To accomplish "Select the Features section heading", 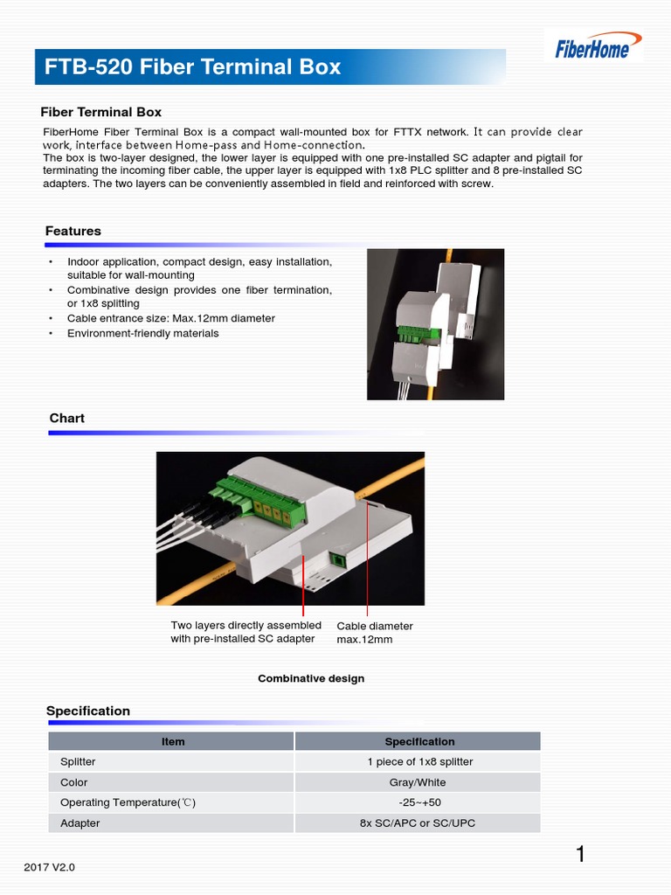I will coord(73,231).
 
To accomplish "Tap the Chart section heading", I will coord(67,418).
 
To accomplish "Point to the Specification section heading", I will coord(88,711).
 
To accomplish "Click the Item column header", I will coord(173,741).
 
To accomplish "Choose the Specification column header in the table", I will coord(419,741).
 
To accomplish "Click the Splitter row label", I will coord(78,761).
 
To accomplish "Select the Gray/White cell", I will coord(419,782).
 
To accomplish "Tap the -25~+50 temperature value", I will coord(419,802).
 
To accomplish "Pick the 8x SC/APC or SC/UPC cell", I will coord(419,823).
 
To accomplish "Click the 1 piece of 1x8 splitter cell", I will coord(419,761).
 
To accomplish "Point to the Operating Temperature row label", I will coord(121,802).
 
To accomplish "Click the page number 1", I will coord(580,855).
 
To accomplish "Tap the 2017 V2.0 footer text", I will coord(50,867).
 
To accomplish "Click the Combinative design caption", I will coord(311,678).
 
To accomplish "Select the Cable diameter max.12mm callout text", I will coord(375,633).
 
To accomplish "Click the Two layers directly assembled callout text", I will coord(246,632).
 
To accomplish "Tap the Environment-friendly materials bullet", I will coord(143,333).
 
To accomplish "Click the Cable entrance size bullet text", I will coord(171,318).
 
